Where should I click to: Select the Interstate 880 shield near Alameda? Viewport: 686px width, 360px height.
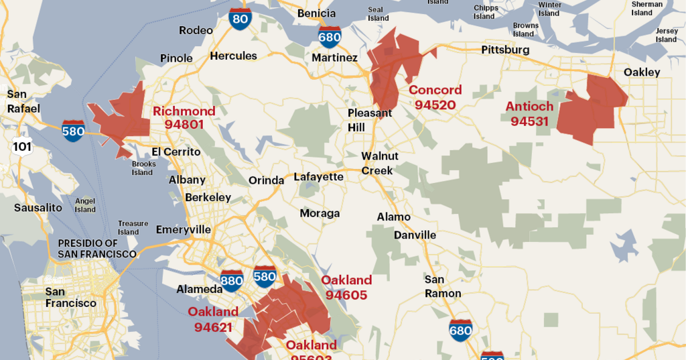click(232, 280)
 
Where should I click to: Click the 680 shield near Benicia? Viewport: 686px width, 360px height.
click(330, 36)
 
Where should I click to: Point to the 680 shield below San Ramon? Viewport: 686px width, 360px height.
click(461, 329)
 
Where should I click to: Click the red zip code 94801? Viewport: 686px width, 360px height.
click(184, 125)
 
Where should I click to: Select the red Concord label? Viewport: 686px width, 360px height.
click(435, 90)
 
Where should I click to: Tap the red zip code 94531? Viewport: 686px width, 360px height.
click(529, 121)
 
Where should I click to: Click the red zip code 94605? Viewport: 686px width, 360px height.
click(346, 294)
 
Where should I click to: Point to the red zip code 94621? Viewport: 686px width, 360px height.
click(213, 327)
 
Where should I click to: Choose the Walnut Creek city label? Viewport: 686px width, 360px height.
click(380, 163)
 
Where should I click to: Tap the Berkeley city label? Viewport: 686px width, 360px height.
click(208, 197)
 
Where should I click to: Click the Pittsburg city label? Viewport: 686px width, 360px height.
click(505, 50)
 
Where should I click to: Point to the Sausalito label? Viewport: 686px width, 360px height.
click(38, 208)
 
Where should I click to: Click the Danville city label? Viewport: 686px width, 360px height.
click(415, 235)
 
